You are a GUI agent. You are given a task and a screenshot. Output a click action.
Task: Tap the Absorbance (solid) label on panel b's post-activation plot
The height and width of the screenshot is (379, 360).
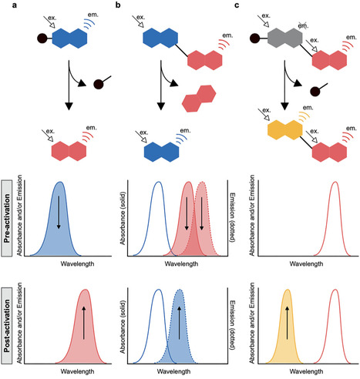[126, 327]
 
